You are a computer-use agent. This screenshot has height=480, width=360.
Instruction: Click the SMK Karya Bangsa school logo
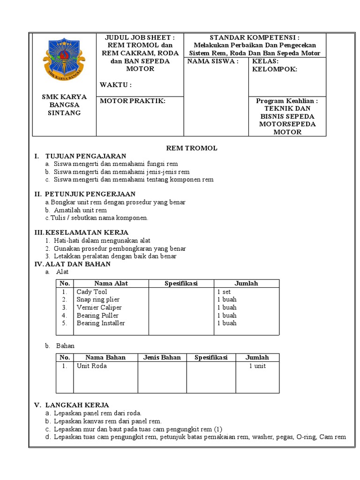[x=64, y=60]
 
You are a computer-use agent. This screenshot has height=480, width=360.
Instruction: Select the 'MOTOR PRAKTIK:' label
[x=133, y=101]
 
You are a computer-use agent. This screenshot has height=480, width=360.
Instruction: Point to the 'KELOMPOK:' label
[x=275, y=69]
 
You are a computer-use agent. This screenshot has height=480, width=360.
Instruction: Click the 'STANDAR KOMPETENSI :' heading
[x=255, y=37]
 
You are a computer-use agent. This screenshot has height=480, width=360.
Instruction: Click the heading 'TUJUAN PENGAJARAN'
[x=85, y=156]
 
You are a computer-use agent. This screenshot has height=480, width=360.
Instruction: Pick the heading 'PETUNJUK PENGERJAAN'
[x=90, y=194]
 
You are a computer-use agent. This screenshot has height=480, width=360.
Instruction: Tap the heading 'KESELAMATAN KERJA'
[x=87, y=232]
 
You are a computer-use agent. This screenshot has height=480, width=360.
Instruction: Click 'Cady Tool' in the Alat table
[x=92, y=292]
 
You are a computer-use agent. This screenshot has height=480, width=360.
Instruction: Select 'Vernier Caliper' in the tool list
[x=99, y=307]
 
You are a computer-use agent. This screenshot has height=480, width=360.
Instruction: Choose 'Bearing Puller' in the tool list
[x=97, y=315]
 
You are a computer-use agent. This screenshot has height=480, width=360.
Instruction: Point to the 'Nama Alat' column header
[x=111, y=283]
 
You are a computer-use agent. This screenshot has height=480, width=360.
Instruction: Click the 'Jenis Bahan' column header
[x=162, y=357]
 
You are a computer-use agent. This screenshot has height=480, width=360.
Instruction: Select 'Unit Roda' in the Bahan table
[x=92, y=366]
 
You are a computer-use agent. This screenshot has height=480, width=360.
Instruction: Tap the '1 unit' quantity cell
[x=257, y=366]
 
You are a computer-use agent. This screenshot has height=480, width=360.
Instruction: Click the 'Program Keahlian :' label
[x=287, y=101]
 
